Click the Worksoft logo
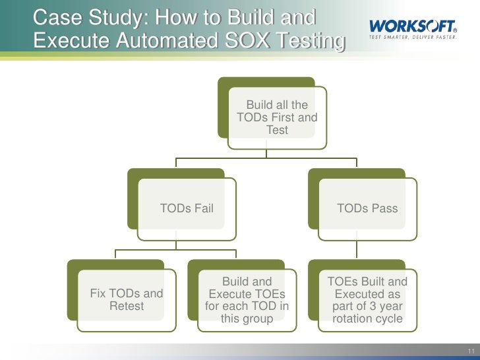coord(413,26)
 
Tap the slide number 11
coord(471,350)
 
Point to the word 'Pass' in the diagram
coord(385,208)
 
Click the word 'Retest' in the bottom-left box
coord(127,306)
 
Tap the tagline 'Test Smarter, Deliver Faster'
coord(413,37)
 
